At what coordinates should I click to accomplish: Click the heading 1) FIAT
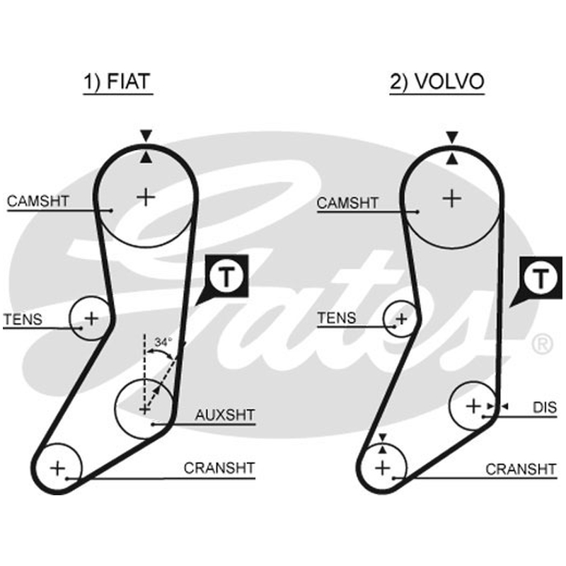(117, 81)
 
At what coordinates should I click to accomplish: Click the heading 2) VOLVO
(437, 81)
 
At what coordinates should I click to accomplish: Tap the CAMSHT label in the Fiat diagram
(38, 201)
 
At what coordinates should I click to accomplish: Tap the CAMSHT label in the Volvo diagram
(347, 203)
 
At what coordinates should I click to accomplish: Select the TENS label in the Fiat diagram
(23, 320)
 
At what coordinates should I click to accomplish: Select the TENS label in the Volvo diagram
(337, 318)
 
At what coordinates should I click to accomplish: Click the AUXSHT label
(225, 415)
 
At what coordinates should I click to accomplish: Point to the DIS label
(545, 408)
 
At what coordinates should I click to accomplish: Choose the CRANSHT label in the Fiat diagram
(219, 468)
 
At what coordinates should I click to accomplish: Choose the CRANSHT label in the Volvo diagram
(521, 469)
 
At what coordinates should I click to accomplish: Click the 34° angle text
(163, 342)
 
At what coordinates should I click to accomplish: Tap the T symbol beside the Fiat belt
(226, 277)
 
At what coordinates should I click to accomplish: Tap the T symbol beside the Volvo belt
(541, 278)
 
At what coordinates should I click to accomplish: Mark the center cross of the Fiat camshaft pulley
(146, 197)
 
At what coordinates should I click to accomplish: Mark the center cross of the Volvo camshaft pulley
(452, 199)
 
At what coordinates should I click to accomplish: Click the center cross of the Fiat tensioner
(91, 318)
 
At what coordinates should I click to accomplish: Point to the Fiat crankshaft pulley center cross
(57, 468)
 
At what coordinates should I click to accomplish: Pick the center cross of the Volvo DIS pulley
(473, 406)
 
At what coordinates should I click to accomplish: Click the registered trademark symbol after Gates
(542, 344)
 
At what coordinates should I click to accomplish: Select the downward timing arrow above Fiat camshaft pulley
(146, 136)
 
